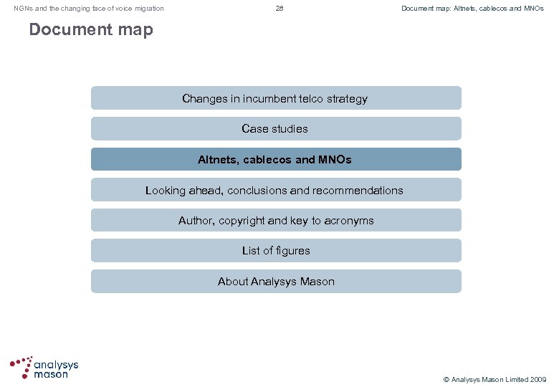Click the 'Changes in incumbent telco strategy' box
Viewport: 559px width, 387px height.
(276, 98)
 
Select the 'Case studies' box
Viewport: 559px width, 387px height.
(276, 129)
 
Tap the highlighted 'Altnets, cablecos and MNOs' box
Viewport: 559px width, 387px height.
(276, 159)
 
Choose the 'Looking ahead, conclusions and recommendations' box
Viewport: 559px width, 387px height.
(276, 190)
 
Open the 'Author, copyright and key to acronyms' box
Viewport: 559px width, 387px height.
(276, 221)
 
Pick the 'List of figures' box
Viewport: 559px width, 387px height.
(276, 251)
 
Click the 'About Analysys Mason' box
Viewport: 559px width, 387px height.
(276, 282)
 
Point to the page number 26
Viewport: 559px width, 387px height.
(279, 9)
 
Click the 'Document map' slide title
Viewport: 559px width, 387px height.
(91, 30)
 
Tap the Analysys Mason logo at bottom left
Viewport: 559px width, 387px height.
(44, 368)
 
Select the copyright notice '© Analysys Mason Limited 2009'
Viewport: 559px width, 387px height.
(494, 379)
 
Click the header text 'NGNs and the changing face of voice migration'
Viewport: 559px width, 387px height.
(89, 9)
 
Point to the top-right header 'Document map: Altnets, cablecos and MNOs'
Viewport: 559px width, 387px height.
(472, 9)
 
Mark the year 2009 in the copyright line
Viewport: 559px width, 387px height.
(537, 379)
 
